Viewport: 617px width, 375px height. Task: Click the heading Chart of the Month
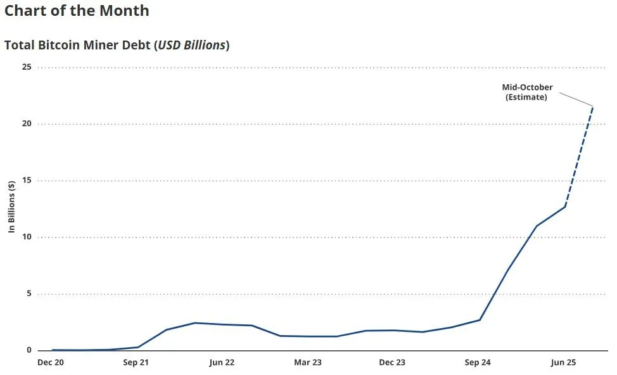[77, 11]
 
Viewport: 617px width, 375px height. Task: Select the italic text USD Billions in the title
[191, 46]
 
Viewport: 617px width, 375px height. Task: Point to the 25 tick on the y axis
[27, 67]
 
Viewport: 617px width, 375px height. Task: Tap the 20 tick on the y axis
[27, 124]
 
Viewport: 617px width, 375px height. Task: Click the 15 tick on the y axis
[27, 181]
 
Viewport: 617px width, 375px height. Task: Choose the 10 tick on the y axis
[27, 238]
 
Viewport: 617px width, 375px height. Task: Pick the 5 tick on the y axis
[29, 294]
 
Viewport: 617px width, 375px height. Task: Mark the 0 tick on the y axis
[29, 350]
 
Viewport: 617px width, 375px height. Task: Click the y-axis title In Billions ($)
[12, 207]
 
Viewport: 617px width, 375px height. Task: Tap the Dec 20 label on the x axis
[51, 363]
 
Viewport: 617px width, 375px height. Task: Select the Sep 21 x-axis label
[136, 363]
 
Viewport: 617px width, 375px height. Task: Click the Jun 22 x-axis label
[222, 363]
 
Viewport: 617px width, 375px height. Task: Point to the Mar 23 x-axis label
[307, 363]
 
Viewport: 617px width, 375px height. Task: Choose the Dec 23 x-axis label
[393, 363]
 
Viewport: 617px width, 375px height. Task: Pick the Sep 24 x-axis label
[478, 363]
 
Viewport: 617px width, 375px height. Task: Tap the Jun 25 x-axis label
[563, 363]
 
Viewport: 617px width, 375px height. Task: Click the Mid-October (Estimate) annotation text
[527, 92]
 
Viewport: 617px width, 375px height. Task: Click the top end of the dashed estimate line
[593, 106]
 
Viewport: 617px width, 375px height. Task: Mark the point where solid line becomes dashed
[565, 206]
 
